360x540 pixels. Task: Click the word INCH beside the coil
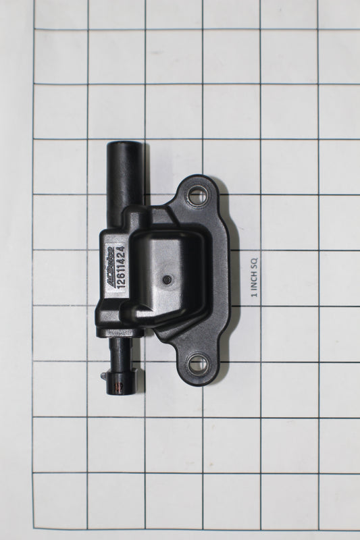[x=254, y=279]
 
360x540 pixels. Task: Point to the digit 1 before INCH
[x=254, y=294]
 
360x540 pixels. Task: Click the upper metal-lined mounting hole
[x=198, y=195]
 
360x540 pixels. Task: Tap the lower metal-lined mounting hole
[x=198, y=363]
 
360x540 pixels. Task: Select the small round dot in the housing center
[x=167, y=280]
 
